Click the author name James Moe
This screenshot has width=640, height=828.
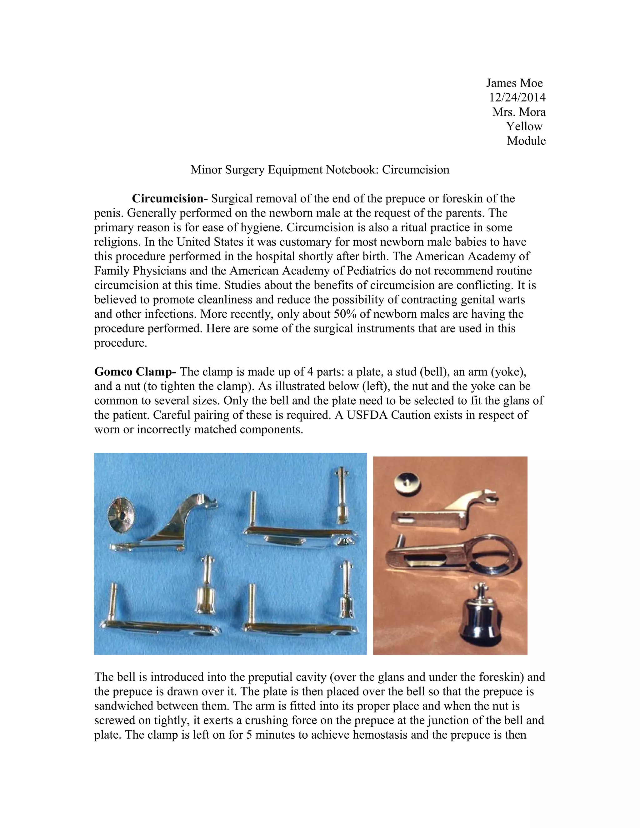(514, 83)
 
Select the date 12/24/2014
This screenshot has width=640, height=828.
(517, 97)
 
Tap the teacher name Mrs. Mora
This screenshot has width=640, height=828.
(519, 112)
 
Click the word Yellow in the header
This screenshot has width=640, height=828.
(524, 126)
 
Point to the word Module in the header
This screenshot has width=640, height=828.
(526, 141)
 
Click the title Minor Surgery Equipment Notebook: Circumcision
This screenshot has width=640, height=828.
(320, 169)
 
